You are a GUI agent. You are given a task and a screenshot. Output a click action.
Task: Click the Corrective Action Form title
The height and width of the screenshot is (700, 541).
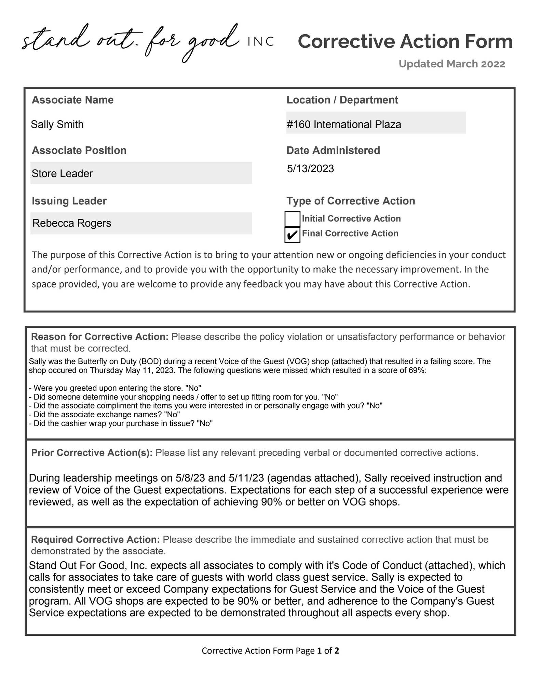(x=405, y=41)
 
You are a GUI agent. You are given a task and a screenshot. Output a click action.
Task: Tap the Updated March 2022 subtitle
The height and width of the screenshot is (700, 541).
(x=451, y=64)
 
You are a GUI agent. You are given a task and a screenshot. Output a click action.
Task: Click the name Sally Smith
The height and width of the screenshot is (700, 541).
(x=57, y=124)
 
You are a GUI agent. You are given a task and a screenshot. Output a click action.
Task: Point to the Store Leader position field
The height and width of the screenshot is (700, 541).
(x=141, y=173)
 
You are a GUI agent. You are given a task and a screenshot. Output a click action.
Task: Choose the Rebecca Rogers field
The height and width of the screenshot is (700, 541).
(x=141, y=223)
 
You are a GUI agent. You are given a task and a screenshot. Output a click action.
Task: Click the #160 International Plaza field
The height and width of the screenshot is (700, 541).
(x=375, y=124)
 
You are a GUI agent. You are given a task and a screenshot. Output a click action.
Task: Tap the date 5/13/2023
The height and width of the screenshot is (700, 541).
(x=310, y=169)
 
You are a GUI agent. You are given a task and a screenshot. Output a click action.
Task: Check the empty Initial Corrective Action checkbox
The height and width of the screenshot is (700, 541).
(x=292, y=219)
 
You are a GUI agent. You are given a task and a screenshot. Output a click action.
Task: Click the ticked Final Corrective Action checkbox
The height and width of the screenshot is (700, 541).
(x=292, y=235)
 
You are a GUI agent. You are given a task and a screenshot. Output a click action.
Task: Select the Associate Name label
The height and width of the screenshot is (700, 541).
(x=72, y=100)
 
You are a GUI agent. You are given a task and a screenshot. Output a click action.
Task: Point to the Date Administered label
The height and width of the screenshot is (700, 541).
(x=333, y=150)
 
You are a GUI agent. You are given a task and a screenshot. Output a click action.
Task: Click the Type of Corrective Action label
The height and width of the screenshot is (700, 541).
(x=351, y=201)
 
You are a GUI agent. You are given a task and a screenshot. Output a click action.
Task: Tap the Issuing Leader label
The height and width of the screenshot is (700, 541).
(x=69, y=201)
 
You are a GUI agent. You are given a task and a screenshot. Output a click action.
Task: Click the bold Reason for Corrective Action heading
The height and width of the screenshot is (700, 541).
(x=100, y=337)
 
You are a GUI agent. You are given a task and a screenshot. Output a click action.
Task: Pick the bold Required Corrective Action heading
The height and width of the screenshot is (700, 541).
(x=95, y=539)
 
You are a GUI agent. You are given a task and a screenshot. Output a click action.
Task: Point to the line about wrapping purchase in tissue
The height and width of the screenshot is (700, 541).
(x=121, y=423)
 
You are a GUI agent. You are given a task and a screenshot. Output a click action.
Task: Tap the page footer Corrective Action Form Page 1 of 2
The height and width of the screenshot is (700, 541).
(x=270, y=650)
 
